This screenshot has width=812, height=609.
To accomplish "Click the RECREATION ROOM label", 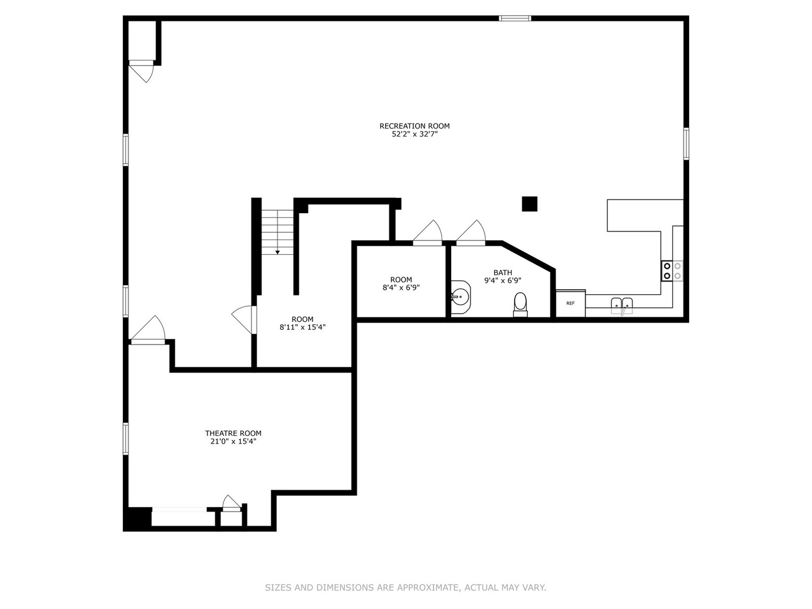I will [x=414, y=126].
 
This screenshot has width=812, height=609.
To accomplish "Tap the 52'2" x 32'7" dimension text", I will [x=414, y=134].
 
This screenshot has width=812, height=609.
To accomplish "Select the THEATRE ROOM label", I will [x=233, y=433].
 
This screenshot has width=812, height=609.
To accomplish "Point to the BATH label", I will [x=502, y=272].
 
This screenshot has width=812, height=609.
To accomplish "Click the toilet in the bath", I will [x=520, y=303].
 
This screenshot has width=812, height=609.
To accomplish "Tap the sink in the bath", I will [x=461, y=295].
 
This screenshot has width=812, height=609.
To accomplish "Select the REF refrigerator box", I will [x=571, y=303].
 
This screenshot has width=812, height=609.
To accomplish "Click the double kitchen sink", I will [x=622, y=305].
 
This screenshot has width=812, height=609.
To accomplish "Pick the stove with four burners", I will [x=672, y=271].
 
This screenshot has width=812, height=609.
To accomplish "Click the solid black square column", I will [x=529, y=204].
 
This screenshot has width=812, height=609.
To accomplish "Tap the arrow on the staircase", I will [x=277, y=252].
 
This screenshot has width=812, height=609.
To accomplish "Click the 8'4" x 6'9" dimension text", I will [x=401, y=288].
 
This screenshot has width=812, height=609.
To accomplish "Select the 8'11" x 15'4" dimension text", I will [x=302, y=327].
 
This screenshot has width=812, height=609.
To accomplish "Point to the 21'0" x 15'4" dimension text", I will [x=233, y=442].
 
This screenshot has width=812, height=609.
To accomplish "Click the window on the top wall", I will [x=515, y=18].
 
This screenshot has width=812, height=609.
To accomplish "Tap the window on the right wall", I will [x=686, y=144].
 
